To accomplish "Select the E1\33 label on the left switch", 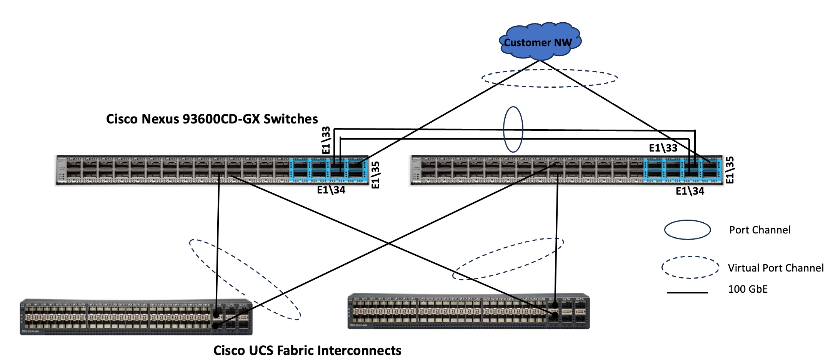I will point(326,140).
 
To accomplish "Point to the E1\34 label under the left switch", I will point(331,190).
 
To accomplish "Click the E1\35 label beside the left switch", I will point(376,175).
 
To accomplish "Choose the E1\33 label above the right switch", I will point(663,148).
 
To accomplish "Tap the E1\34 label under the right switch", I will point(690,191).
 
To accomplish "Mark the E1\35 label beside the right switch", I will point(730,170).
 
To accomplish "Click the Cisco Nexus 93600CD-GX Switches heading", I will point(212,119).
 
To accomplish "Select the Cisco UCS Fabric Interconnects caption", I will point(307,350).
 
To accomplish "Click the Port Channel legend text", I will point(760,230).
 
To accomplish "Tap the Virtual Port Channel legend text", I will point(776,268).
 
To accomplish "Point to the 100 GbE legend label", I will point(748,289).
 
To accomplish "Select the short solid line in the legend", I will point(687,293).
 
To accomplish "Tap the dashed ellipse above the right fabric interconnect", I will point(508,259).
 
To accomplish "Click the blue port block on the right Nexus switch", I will point(682,170).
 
